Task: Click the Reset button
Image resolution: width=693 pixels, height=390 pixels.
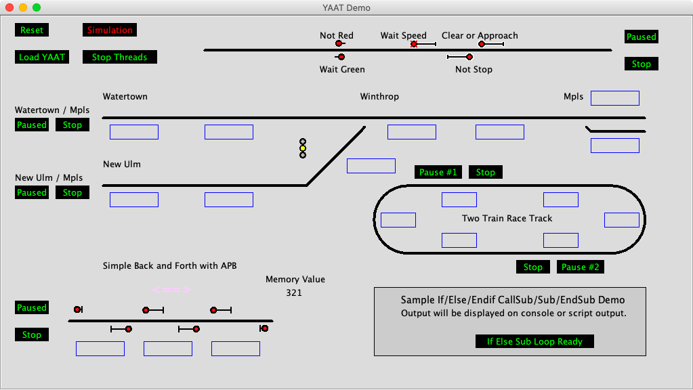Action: tap(32, 30)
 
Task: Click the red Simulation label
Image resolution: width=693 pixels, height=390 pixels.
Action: tap(110, 30)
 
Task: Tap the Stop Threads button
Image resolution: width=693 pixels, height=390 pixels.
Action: tap(120, 58)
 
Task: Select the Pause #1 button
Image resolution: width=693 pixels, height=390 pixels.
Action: tap(438, 173)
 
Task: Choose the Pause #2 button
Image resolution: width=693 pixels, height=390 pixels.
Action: tap(581, 267)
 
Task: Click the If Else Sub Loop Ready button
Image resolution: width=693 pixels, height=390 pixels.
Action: tap(534, 342)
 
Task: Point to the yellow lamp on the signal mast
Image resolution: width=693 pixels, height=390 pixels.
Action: tap(303, 148)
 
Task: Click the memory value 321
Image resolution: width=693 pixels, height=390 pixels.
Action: tap(294, 293)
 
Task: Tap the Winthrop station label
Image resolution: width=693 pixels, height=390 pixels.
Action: tap(379, 97)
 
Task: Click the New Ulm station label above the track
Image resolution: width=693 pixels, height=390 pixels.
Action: tap(122, 165)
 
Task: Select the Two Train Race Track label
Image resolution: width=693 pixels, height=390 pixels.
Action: tap(507, 219)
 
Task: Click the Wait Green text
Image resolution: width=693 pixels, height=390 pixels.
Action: tap(342, 70)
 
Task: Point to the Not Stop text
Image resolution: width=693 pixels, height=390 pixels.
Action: tap(474, 70)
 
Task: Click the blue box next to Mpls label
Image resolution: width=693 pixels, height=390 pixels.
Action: tap(615, 98)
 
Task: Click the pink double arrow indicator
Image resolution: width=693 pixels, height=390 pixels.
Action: tap(171, 290)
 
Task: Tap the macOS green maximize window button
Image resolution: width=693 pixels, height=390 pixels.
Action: tap(37, 7)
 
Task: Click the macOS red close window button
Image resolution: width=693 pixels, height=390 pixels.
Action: tap(9, 7)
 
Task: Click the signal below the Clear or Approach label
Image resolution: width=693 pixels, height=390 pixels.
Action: tap(482, 44)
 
